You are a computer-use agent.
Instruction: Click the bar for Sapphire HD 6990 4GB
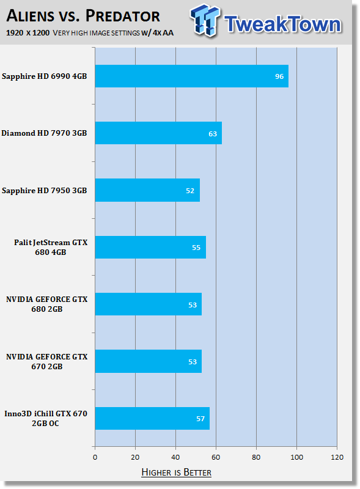click(191, 76)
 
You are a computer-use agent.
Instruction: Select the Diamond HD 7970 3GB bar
click(158, 133)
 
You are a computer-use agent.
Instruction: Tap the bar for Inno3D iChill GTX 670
click(152, 418)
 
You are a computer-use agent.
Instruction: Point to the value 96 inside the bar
click(279, 76)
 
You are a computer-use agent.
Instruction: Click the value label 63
click(213, 134)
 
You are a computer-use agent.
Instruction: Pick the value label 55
click(196, 248)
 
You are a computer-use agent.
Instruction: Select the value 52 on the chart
click(190, 191)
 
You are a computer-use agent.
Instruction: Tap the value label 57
click(200, 419)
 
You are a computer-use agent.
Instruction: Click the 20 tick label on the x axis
click(135, 457)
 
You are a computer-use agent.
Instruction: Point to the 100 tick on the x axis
click(296, 457)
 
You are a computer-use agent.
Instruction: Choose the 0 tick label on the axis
click(95, 457)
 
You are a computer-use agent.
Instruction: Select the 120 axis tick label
click(337, 457)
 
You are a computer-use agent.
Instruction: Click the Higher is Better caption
click(176, 472)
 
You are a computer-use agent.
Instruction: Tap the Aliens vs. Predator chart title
click(83, 16)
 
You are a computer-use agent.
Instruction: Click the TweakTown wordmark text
click(282, 24)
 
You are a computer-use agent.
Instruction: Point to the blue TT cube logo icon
click(205, 20)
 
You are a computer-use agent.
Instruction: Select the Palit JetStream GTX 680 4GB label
click(51, 248)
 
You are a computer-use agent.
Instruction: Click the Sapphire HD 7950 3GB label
click(44, 191)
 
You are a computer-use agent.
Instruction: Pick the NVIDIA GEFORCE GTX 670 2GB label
click(47, 361)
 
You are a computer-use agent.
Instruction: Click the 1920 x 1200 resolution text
click(28, 33)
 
